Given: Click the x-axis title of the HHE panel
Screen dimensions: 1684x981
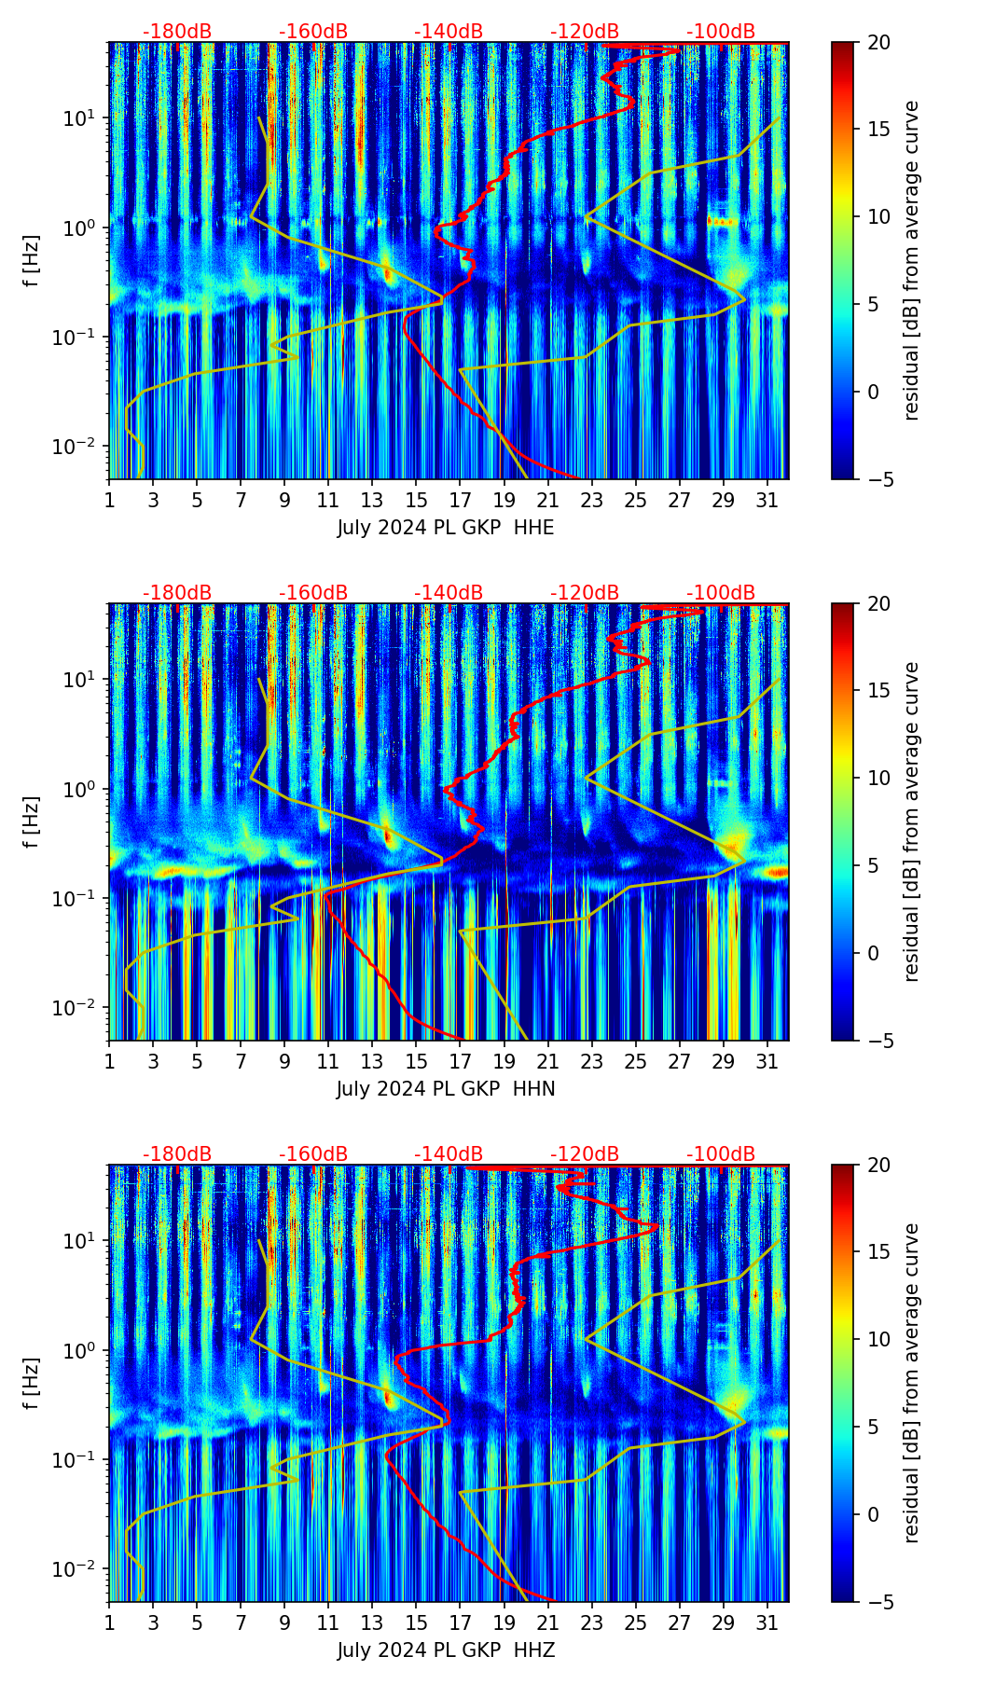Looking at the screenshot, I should pos(446,528).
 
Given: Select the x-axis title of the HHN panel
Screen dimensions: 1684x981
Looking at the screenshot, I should pos(446,1089).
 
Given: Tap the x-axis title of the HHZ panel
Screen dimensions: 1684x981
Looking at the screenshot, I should pos(446,1650).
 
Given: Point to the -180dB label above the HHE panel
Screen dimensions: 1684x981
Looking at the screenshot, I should pos(177,32).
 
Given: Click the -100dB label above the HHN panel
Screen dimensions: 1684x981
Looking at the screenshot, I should pos(721,593).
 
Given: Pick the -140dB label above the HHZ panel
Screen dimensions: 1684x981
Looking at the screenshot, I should pos(449,1154).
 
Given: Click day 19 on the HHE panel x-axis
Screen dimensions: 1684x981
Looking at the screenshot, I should pos(504,500).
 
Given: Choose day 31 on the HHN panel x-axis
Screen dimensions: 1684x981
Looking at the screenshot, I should pos(767,1061).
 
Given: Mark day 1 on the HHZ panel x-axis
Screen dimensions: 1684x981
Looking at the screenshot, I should pos(109,1622).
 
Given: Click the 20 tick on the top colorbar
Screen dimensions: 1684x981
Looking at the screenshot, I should pos(878,43).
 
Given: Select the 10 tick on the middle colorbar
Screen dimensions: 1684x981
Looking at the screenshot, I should pos(878,778).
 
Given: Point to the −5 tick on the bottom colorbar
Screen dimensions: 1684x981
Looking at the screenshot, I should pos(878,1601).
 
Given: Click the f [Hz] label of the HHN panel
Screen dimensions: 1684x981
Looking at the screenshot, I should pos(33,821).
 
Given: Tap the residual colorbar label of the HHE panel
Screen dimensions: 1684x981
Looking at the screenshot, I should pos(912,260).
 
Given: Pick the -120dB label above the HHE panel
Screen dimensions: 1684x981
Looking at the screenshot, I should pos(585,32).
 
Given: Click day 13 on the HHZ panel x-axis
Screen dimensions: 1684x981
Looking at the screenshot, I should pos(372,1622).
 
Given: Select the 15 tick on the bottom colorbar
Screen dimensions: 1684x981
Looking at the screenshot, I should pos(878,1251).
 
